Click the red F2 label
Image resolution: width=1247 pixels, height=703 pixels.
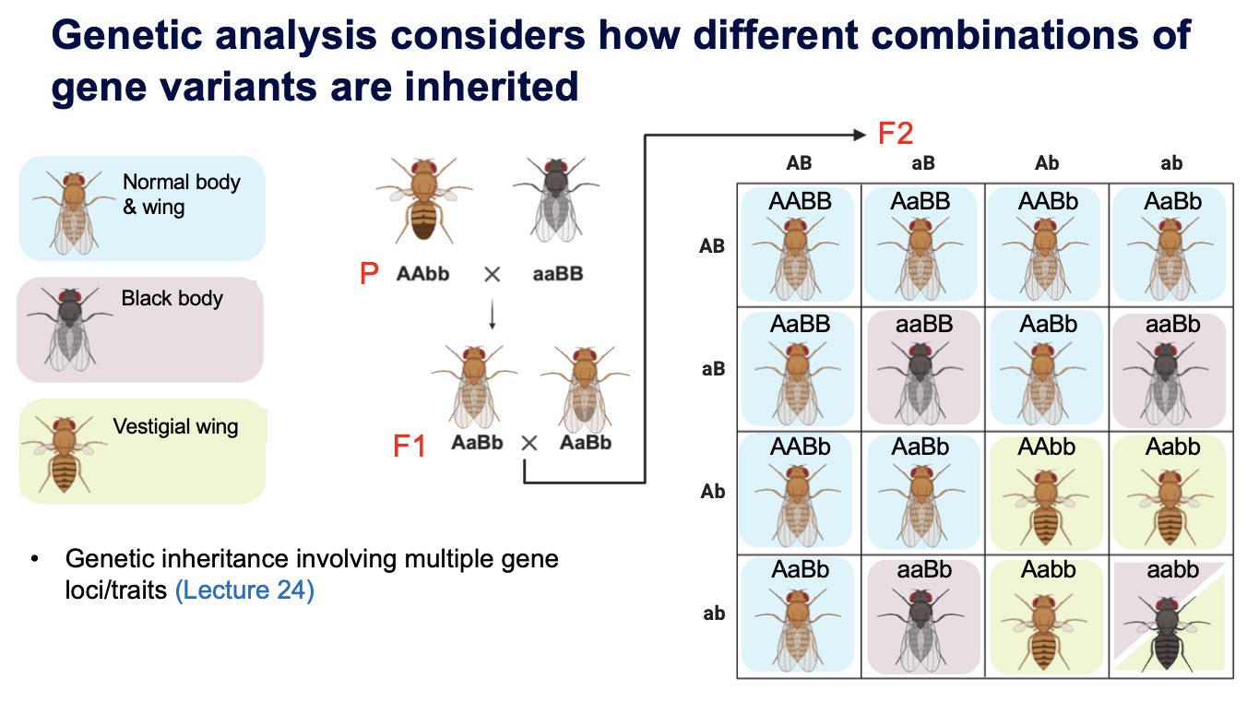pos(895,134)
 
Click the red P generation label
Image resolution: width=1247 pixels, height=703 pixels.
pos(369,274)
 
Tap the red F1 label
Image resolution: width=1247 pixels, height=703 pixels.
pos(410,447)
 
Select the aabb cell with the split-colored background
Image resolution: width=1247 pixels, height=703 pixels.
pos(1171,616)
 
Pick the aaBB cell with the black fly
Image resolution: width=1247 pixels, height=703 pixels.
pos(923,368)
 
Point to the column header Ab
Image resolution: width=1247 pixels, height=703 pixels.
pos(1047,163)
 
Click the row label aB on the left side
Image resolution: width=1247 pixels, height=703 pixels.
pos(713,369)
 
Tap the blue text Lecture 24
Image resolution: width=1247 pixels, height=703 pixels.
pos(244,590)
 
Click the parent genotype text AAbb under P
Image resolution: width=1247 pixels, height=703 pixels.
pos(423,274)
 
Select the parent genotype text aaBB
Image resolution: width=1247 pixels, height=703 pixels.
pos(558,274)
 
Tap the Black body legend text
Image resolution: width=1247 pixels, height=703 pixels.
pos(172,299)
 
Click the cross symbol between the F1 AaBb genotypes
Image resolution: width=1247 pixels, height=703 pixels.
pos(529,443)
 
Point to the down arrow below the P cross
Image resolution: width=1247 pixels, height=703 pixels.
pos(492,316)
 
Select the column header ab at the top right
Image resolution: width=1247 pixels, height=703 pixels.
pos(1171,163)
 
